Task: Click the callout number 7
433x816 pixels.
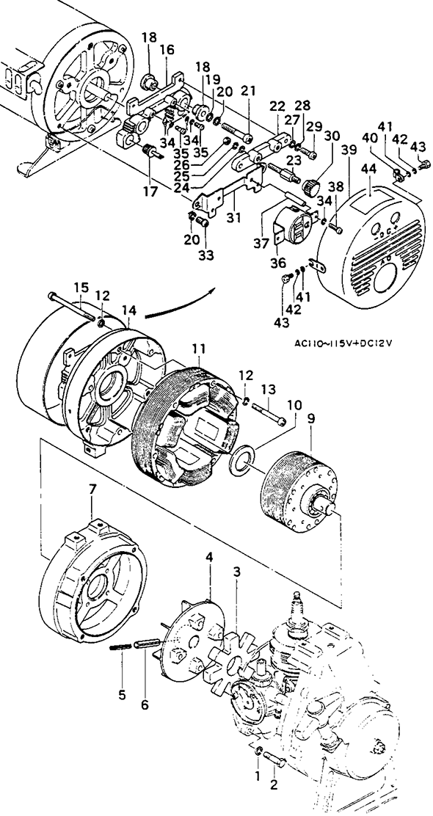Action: point(92,489)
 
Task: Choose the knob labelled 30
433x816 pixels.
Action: point(312,186)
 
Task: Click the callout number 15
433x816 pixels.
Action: point(81,287)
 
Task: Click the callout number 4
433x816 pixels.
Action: point(209,558)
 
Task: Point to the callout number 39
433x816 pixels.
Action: point(350,149)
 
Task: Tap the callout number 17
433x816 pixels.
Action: point(150,192)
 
